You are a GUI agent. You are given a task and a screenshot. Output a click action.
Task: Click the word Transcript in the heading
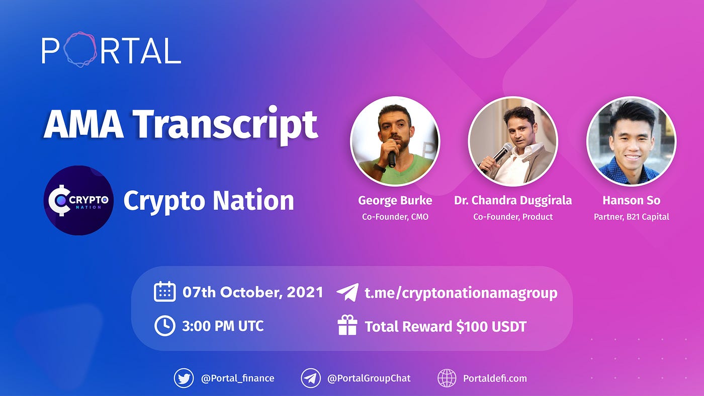tap(225, 124)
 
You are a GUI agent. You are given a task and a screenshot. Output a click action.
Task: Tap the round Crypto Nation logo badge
tap(78, 200)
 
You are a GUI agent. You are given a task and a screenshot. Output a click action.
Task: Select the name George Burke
tap(395, 200)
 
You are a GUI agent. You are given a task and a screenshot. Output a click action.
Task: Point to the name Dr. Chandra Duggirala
tap(513, 200)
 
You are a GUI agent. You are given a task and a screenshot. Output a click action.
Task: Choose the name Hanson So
tap(631, 200)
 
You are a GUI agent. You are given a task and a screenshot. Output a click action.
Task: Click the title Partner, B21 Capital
tap(631, 217)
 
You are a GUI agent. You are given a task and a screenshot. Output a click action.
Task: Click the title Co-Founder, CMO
tap(395, 217)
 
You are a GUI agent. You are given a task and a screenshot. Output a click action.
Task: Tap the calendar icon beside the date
tap(164, 292)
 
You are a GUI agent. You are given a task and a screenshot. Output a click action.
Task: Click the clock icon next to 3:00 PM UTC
tap(164, 326)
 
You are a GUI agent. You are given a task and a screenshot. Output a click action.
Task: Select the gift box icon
tap(347, 326)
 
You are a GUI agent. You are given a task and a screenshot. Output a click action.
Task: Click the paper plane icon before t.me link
tap(347, 292)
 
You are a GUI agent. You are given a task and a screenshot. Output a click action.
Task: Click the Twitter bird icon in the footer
tap(184, 378)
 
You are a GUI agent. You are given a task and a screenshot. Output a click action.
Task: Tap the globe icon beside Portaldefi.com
tap(447, 378)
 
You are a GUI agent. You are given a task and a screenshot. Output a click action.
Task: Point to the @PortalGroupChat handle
tap(369, 378)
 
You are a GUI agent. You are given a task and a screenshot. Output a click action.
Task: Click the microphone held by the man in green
tap(391, 154)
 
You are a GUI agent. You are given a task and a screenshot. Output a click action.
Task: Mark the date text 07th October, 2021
tap(252, 292)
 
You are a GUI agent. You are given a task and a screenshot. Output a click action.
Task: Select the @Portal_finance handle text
tap(237, 378)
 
